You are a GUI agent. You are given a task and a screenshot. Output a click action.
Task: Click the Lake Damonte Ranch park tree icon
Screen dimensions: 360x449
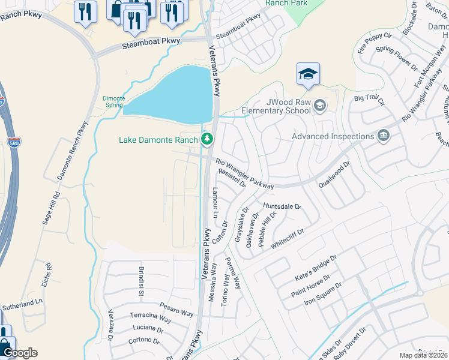pos(207,140)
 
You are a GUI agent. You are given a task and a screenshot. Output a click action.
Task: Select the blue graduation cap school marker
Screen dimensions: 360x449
pos(308,74)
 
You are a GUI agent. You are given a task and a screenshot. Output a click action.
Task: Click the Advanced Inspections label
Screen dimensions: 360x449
pos(333,136)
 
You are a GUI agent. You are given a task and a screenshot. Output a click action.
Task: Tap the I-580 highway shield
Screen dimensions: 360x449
pos(14,143)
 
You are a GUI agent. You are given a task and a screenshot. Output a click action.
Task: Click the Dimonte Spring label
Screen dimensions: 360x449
pos(113,101)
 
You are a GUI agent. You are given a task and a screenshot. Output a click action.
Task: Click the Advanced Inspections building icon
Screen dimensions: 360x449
pos(383,136)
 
